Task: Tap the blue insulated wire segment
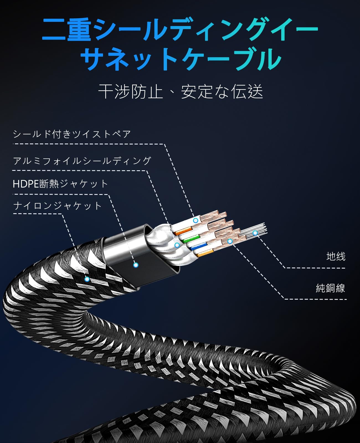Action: pyautogui.click(x=200, y=246)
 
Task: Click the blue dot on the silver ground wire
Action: pyautogui.click(x=255, y=233)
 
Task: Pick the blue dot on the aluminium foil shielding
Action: pyautogui.click(x=177, y=245)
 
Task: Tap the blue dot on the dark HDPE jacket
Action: pyautogui.click(x=136, y=265)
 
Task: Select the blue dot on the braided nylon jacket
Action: pyautogui.click(x=87, y=279)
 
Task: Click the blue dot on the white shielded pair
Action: pyautogui.click(x=196, y=220)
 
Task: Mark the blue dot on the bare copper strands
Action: pyautogui.click(x=230, y=241)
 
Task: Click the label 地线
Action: pyautogui.click(x=336, y=256)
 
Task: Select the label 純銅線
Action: pyautogui.click(x=330, y=288)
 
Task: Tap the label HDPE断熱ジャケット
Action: pyautogui.click(x=60, y=184)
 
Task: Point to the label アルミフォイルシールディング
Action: pyautogui.click(x=82, y=161)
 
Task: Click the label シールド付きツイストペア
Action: pyautogui.click(x=72, y=134)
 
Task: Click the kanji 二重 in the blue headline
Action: pyautogui.click(x=66, y=30)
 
